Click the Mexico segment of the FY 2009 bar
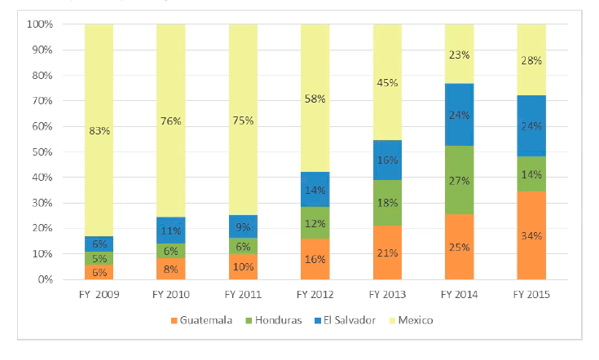point(99,130)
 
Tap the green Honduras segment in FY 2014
point(459,180)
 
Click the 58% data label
point(315,99)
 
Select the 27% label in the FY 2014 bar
point(460,180)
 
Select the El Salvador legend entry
point(346,320)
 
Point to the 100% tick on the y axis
point(40,24)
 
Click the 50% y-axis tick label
point(42,152)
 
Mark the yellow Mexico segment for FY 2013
point(387,81)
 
